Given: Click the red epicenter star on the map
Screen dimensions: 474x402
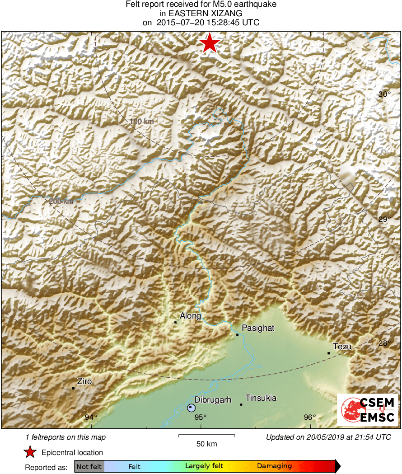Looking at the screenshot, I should [210, 44].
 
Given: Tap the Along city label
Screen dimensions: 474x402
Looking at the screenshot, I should [190, 316].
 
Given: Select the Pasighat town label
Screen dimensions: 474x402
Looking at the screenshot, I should [258, 328].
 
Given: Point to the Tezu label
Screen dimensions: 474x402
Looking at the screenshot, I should [342, 347].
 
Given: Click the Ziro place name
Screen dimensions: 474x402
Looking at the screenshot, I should [84, 381].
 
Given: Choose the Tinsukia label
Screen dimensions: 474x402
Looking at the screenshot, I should [261, 398].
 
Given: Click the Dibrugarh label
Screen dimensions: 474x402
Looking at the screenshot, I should [213, 399].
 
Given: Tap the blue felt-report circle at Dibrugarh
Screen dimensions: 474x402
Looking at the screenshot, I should [191, 408].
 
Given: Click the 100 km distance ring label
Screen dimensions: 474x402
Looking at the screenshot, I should [141, 122].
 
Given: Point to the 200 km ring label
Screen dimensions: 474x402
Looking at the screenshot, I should [61, 201].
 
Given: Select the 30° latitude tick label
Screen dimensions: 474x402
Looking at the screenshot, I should [384, 94].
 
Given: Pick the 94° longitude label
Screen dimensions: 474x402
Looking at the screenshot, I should [92, 417].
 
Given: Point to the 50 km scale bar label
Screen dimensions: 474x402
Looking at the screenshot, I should [206, 444].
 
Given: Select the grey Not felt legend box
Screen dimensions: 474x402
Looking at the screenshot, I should [89, 466].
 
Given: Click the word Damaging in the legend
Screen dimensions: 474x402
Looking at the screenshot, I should [275, 466].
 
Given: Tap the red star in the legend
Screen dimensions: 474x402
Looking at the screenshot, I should [30, 452].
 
